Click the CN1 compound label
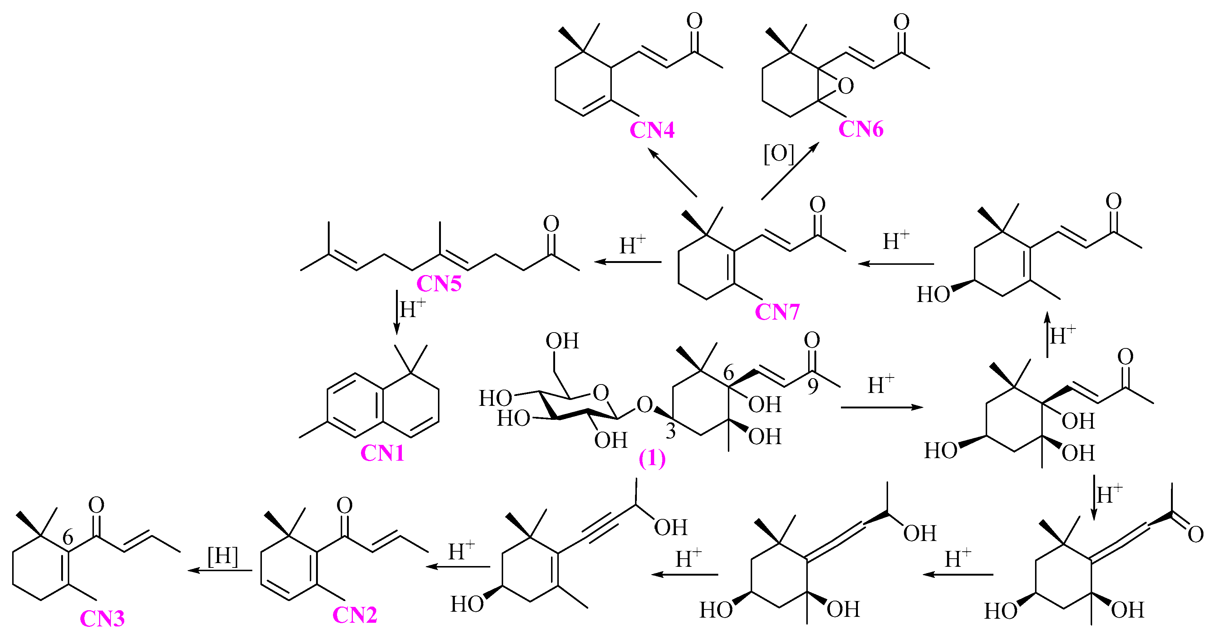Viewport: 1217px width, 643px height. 382,454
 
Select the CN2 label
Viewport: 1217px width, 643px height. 355,615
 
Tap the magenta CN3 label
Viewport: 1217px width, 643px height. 102,619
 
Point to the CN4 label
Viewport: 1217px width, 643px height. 652,130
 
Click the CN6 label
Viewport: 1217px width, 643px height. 861,130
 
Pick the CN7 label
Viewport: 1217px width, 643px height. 777,312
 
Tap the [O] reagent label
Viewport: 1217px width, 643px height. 779,154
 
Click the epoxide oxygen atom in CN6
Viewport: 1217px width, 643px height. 846,86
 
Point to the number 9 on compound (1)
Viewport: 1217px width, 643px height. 813,386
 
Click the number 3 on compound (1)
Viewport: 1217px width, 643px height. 670,431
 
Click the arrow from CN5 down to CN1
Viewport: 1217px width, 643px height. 397,312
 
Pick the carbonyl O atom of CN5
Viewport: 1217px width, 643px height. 551,224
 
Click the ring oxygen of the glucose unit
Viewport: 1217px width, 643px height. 600,392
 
